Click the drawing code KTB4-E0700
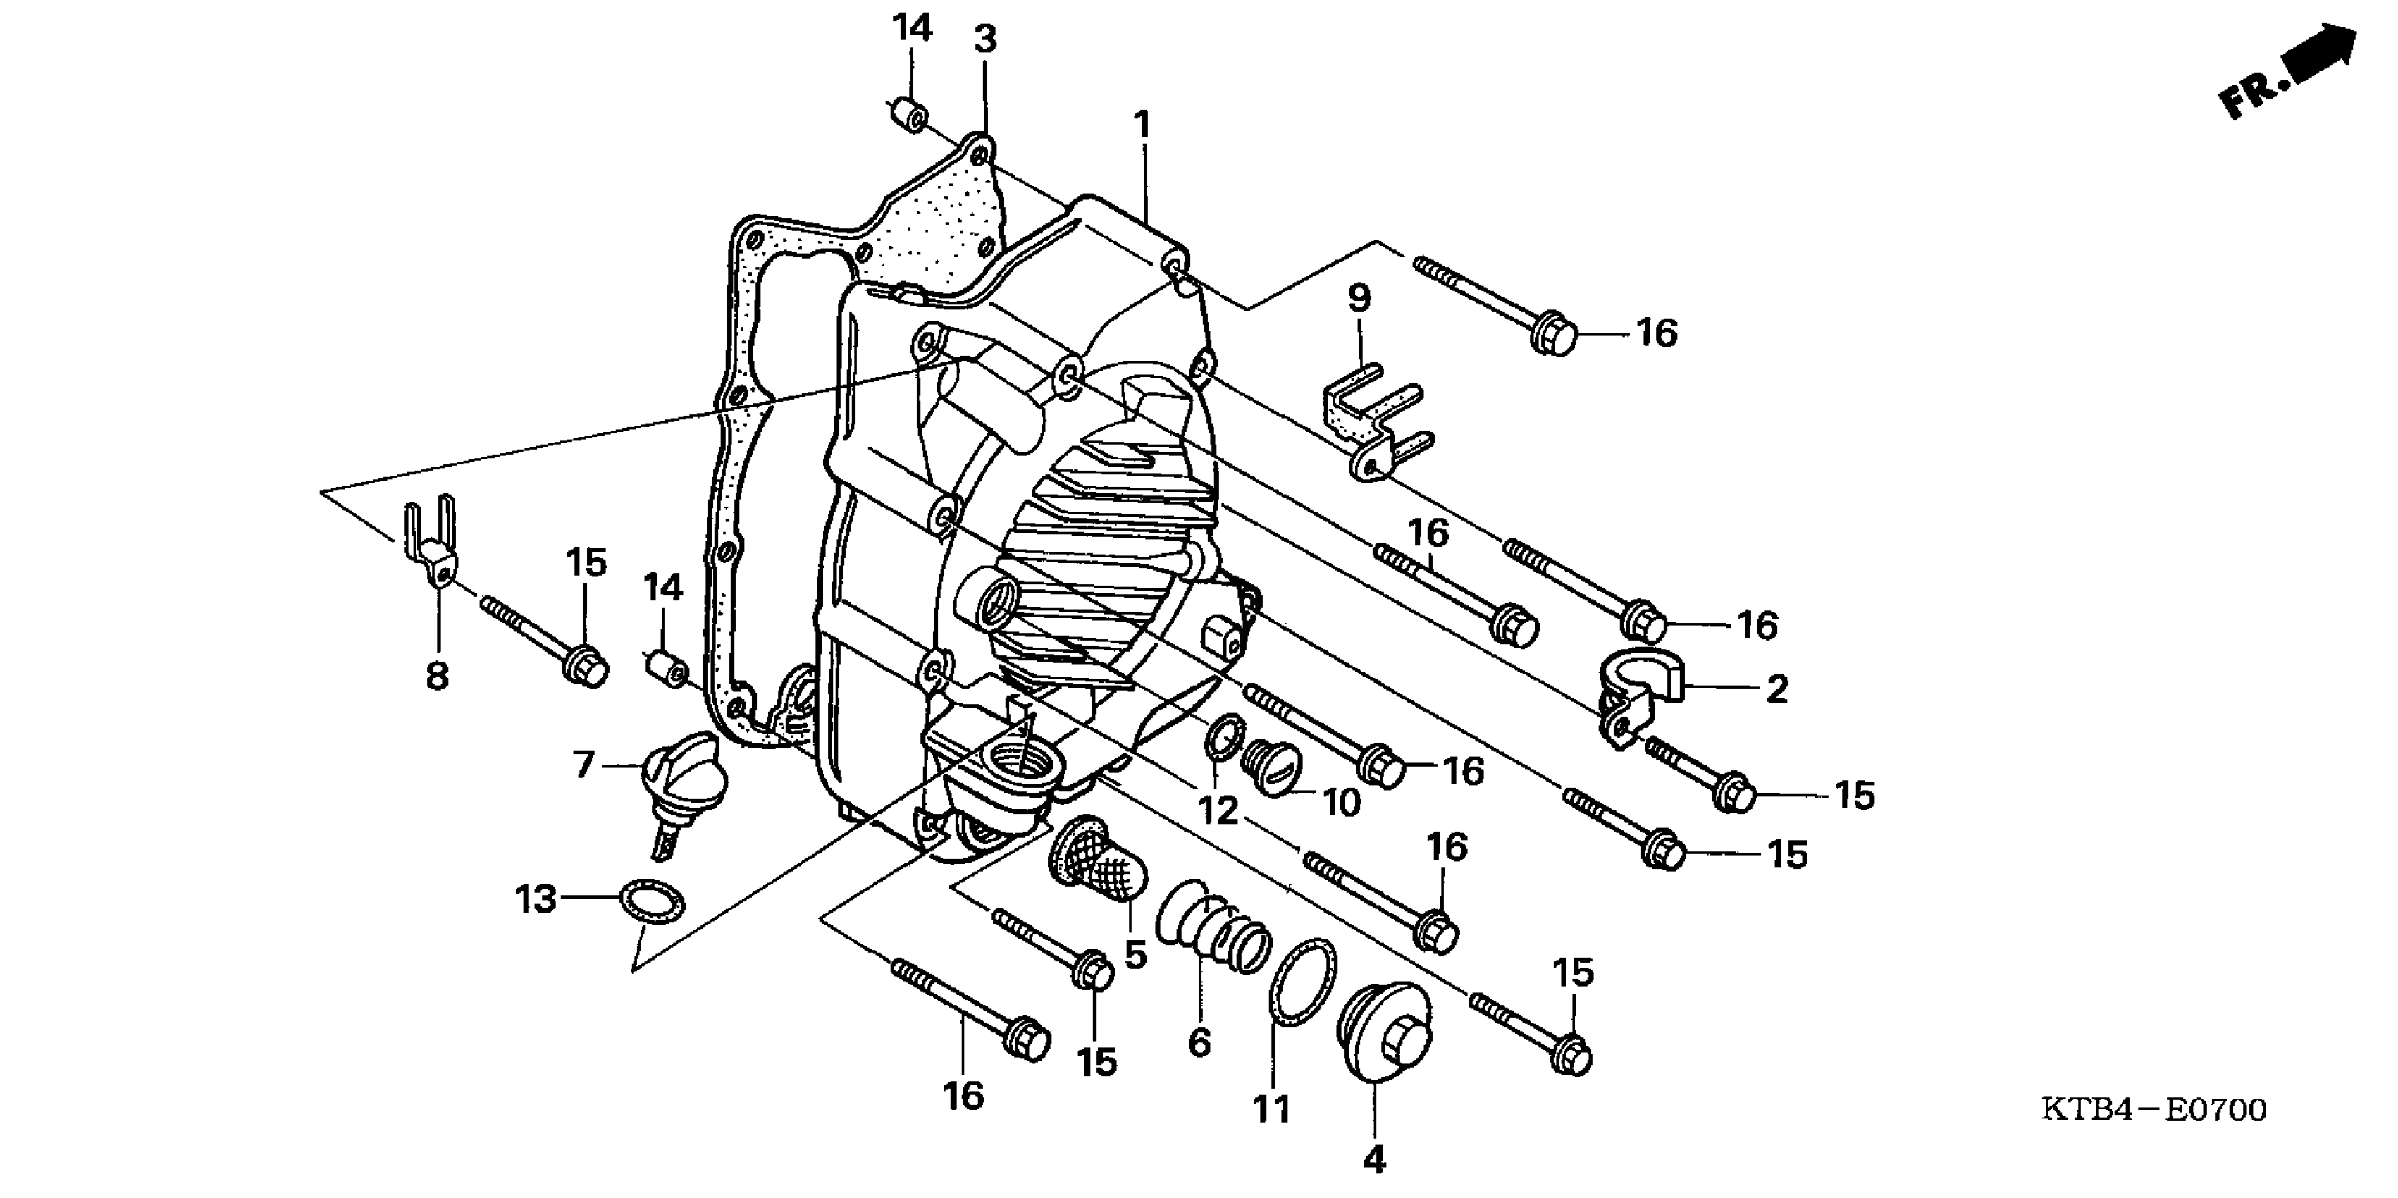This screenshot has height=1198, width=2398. [x=2153, y=1111]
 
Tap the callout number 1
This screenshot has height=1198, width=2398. [x=1142, y=125]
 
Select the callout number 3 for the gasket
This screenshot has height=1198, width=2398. [x=985, y=40]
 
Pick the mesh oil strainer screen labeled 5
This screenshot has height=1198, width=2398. [x=1099, y=861]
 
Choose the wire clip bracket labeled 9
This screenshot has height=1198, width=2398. [x=1376, y=424]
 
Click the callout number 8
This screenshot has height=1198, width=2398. [x=438, y=676]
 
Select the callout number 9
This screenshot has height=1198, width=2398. [x=1359, y=299]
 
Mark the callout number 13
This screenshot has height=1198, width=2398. [x=536, y=899]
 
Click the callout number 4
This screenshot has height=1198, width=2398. [x=1374, y=1160]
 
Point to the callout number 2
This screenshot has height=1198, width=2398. [x=1776, y=690]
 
